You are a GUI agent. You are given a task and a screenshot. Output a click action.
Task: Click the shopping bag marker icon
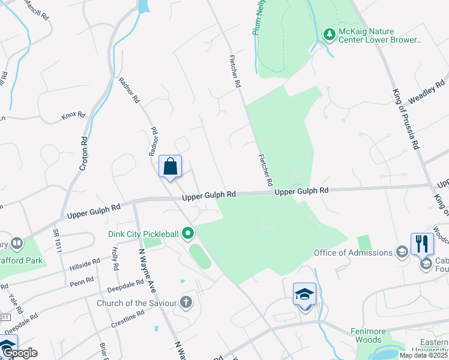(x=170, y=166)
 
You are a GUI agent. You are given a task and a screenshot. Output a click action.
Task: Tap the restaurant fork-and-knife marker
(x=422, y=244)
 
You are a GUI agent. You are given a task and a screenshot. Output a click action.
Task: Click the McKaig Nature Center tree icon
(x=328, y=35)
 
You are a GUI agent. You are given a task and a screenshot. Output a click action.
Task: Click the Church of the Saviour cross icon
(x=186, y=302)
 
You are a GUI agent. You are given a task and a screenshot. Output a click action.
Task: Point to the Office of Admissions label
(x=353, y=253)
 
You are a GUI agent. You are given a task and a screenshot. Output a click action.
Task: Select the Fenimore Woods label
(x=367, y=335)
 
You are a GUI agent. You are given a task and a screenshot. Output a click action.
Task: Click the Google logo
(x=19, y=352)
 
